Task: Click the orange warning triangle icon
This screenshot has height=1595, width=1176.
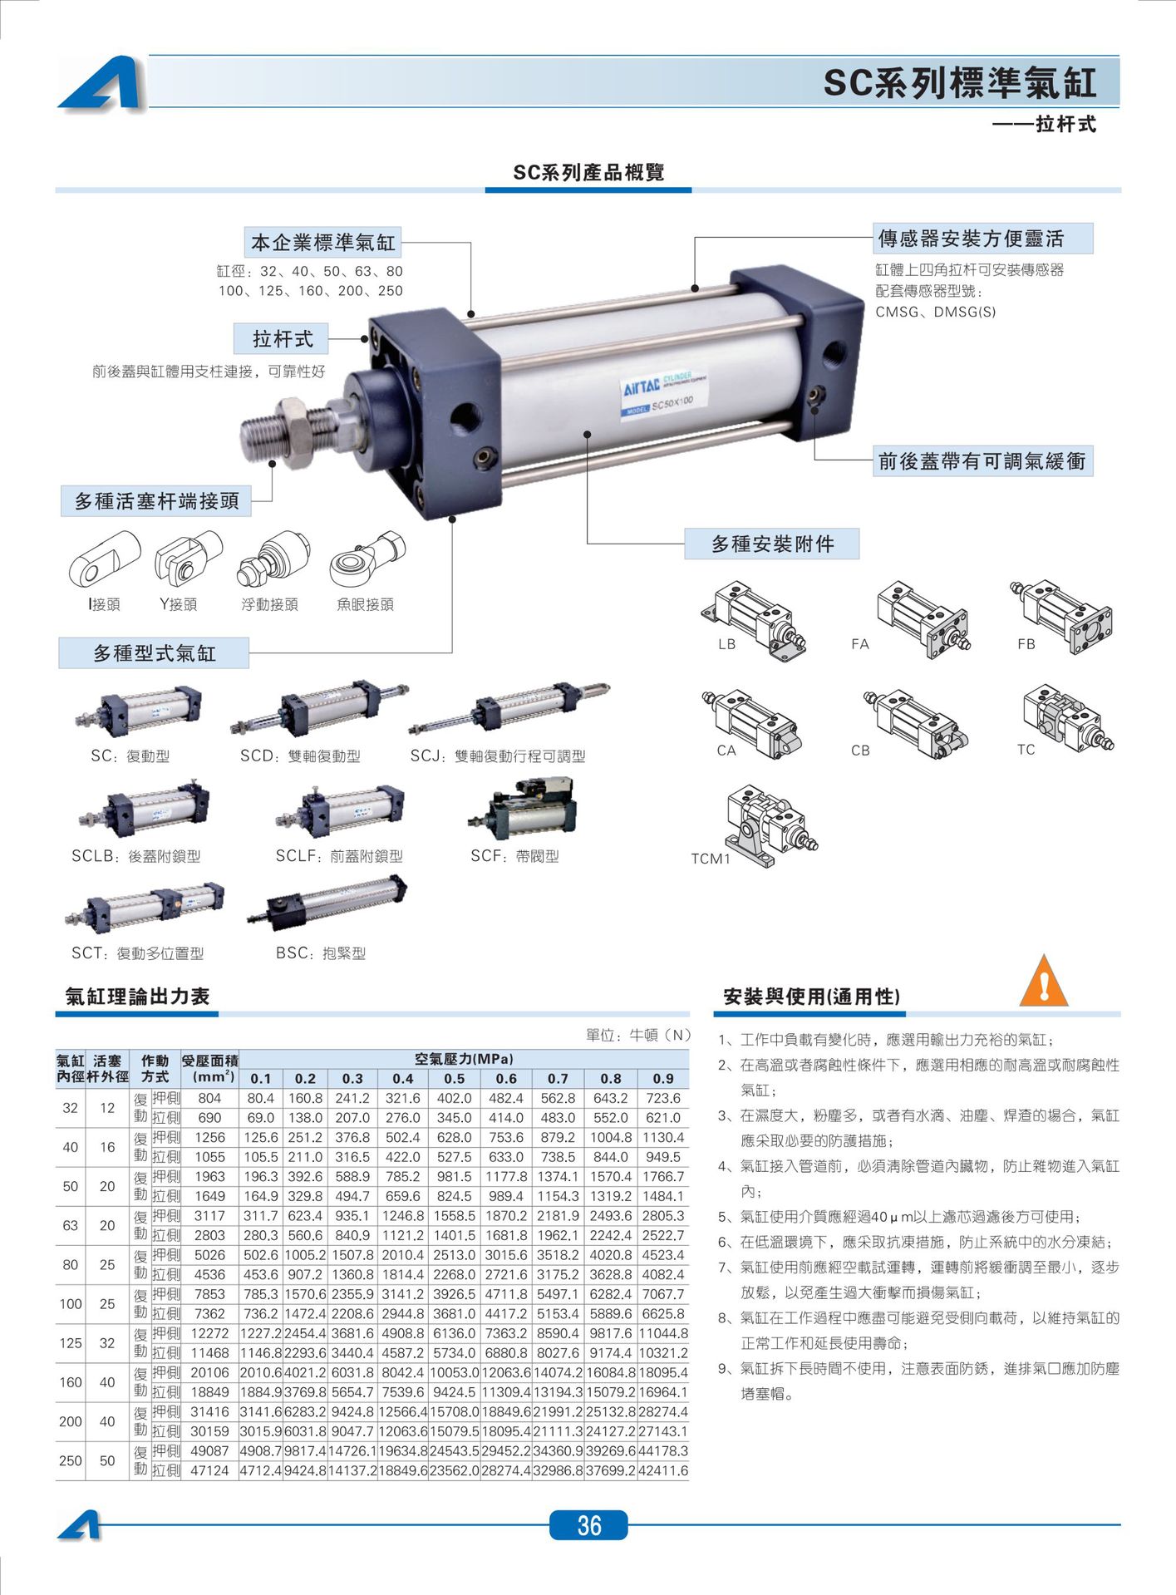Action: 1043,982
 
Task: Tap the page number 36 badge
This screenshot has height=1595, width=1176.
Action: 588,1524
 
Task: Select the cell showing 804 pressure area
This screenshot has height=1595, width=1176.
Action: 209,1098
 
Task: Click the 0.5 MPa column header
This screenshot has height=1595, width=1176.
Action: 454,1078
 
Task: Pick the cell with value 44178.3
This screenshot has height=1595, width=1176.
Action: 663,1450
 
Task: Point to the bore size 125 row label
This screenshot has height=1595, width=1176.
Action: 71,1342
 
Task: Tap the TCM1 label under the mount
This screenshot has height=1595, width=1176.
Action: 711,859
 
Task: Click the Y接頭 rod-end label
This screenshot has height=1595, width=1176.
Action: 179,604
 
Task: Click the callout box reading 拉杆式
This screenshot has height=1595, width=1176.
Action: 282,339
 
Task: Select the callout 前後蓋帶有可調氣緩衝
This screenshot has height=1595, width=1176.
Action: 982,461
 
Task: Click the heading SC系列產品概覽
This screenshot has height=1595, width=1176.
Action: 588,172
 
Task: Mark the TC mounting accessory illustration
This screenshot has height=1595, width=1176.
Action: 1066,718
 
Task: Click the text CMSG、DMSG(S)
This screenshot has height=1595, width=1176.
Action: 935,312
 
